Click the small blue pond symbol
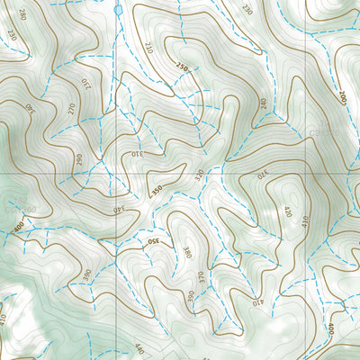(119, 9)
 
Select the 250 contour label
(183, 66)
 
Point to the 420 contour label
(288, 212)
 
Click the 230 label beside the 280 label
(11, 34)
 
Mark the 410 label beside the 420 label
(304, 219)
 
